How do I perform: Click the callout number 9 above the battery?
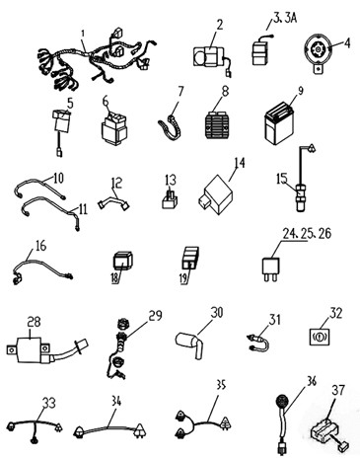[301, 91]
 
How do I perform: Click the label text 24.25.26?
[307, 233]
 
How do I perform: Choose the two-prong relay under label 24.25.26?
[270, 269]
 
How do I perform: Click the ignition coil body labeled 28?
[28, 348]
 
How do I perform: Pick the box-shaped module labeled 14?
[216, 194]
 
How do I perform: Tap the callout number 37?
[337, 390]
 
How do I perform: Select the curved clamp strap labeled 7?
[171, 129]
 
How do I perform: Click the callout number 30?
[217, 313]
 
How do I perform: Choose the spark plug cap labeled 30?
[189, 345]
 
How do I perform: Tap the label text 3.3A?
[285, 19]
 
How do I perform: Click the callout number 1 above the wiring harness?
[83, 34]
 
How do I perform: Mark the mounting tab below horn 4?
[318, 69]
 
